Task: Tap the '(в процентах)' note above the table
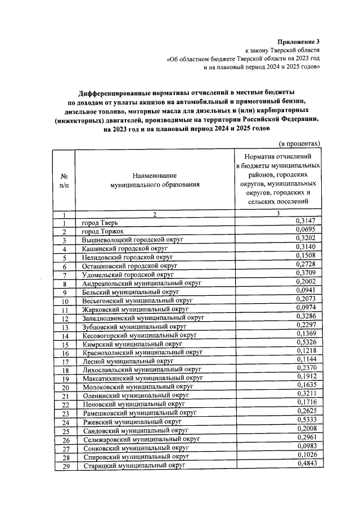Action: pyautogui.click(x=300, y=143)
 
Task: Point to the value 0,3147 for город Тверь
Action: pyautogui.click(x=308, y=221)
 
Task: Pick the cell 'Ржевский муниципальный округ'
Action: pyautogui.click(x=132, y=421)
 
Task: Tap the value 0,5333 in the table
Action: pyautogui.click(x=308, y=420)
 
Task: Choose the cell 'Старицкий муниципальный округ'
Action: pyautogui.click(x=134, y=465)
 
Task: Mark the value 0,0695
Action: pyautogui.click(x=308, y=231)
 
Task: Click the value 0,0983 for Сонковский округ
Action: pyautogui.click(x=308, y=445)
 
